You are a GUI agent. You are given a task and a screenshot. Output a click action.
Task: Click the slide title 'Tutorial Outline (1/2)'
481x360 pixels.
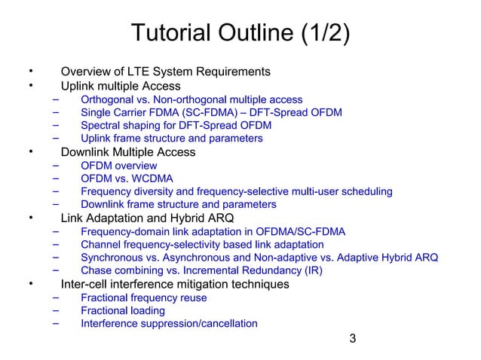coord(240,35)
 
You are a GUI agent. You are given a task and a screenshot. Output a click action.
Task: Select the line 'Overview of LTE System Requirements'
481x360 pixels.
coord(165,72)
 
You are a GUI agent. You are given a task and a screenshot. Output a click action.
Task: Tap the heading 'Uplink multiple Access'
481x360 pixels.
coord(121,86)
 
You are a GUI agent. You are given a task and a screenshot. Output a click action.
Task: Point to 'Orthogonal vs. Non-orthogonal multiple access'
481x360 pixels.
coord(191,99)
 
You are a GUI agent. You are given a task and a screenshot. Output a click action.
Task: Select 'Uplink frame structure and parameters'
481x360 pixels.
coord(171,139)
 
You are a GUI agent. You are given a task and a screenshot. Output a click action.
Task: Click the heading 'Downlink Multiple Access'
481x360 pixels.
coord(127,152)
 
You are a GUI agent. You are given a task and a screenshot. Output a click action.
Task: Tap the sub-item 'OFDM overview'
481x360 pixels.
coord(119,166)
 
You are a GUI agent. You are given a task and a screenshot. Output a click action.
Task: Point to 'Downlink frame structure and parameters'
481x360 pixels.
coord(178,205)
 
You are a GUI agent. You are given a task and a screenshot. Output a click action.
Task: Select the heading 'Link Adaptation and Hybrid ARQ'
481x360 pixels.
coord(147,218)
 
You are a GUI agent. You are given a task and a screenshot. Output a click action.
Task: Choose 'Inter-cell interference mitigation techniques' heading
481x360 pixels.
coord(175,285)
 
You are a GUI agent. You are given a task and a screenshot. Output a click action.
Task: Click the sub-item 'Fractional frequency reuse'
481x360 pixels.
coord(143,297)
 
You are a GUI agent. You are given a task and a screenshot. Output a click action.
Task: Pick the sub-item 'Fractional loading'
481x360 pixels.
coord(123,310)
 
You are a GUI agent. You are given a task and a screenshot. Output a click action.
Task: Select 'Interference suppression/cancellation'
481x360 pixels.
coord(169,324)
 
